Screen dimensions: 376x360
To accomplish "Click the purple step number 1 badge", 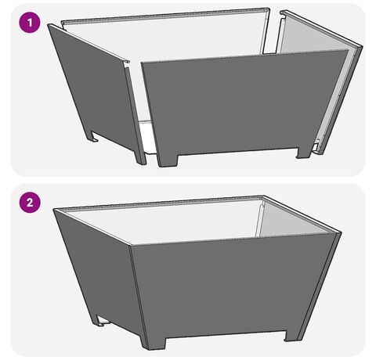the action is [x=30, y=23].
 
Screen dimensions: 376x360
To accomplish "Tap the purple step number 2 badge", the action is [x=30, y=203].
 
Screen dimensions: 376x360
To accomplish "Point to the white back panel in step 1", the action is [x=167, y=39].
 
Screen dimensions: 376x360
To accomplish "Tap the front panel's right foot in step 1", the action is [x=305, y=153].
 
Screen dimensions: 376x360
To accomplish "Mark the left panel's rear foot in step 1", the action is [x=93, y=137].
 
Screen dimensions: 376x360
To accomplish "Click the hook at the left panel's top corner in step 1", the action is [x=126, y=62].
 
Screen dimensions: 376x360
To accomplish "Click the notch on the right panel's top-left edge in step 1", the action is [x=282, y=19].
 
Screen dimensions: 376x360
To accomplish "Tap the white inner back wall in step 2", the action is [x=164, y=221].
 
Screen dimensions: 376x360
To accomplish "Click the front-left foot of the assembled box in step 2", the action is [x=154, y=344].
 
